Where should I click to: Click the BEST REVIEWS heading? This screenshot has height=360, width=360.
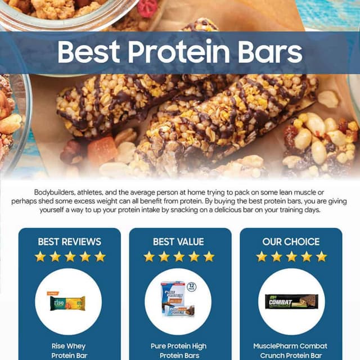pyautogui.click(x=70, y=241)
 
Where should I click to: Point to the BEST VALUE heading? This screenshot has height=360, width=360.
pyautogui.click(x=178, y=241)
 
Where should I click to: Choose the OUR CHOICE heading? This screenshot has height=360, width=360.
pyautogui.click(x=291, y=241)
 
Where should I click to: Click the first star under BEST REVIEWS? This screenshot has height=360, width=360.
pyautogui.click(x=40, y=256)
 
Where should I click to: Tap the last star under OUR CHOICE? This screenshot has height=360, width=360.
pyautogui.click(x=321, y=256)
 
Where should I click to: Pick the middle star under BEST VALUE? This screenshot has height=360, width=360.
pyautogui.click(x=179, y=256)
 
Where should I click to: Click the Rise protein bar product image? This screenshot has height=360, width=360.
pyautogui.click(x=67, y=303)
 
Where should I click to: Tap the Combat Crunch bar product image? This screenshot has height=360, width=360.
pyautogui.click(x=291, y=301)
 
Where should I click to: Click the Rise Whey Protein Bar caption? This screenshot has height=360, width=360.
pyautogui.click(x=69, y=351)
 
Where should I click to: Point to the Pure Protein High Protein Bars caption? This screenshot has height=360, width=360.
pyautogui.click(x=179, y=351)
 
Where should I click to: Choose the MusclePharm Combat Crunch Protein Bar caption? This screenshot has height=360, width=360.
pyautogui.click(x=291, y=351)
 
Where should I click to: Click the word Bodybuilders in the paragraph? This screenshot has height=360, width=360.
pyautogui.click(x=56, y=192)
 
